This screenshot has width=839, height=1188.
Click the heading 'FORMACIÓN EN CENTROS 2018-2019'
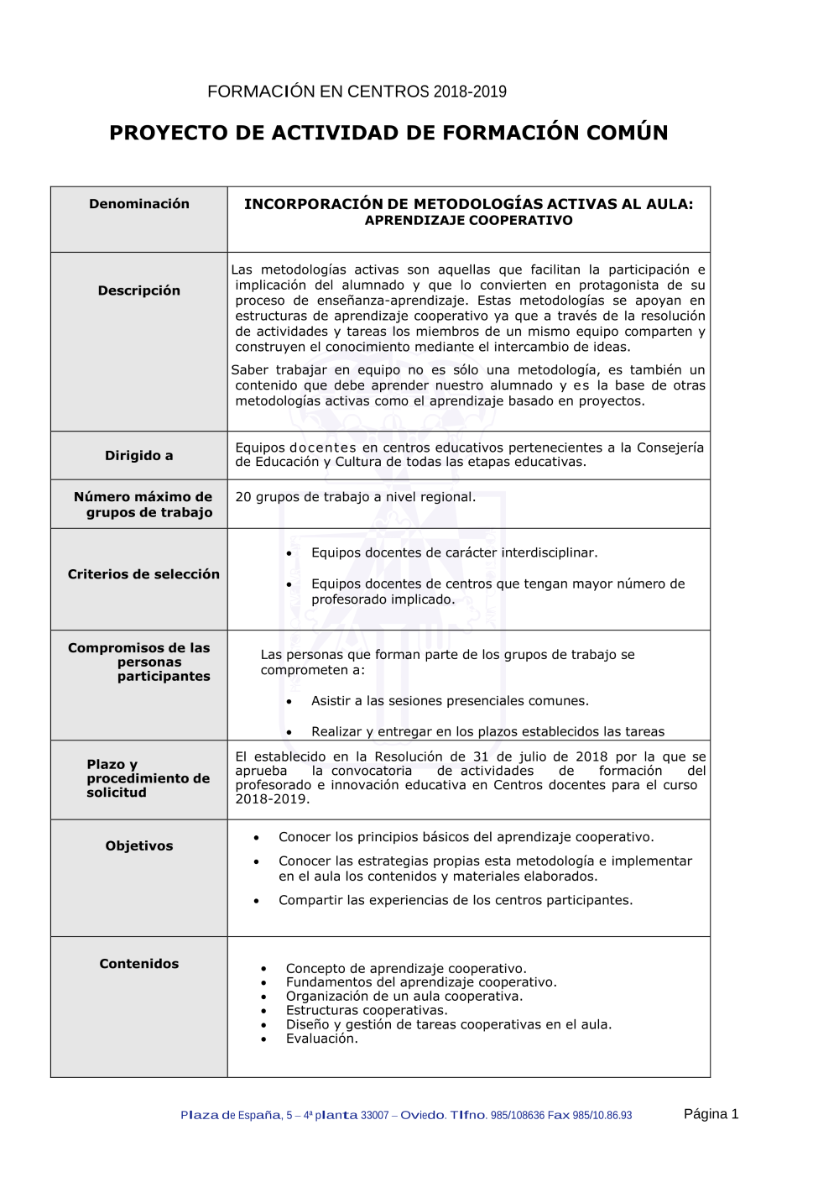[357, 92]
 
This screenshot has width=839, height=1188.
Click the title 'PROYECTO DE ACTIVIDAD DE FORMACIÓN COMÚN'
[388, 133]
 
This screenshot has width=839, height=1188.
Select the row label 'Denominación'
[139, 204]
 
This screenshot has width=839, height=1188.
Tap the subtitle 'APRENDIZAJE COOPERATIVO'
[468, 221]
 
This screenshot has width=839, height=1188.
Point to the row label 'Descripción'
[139, 290]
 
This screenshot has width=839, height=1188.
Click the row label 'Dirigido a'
[139, 456]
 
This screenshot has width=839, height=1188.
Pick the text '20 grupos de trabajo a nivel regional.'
[355, 497]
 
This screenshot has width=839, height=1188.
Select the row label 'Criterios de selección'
[143, 574]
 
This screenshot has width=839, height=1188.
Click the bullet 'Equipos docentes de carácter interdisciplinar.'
[454, 552]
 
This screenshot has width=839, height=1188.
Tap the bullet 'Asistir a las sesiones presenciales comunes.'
[450, 701]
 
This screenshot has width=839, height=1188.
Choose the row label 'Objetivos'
[139, 846]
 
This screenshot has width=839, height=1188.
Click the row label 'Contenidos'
[139, 964]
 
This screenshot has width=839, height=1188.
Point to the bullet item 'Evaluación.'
[321, 1039]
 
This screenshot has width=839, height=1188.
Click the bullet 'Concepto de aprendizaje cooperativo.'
[406, 968]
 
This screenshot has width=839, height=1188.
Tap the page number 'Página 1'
[711, 1114]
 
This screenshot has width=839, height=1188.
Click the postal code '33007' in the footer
[375, 1116]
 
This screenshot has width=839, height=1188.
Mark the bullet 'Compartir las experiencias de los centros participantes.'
[456, 900]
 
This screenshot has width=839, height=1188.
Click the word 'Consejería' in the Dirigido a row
[670, 447]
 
